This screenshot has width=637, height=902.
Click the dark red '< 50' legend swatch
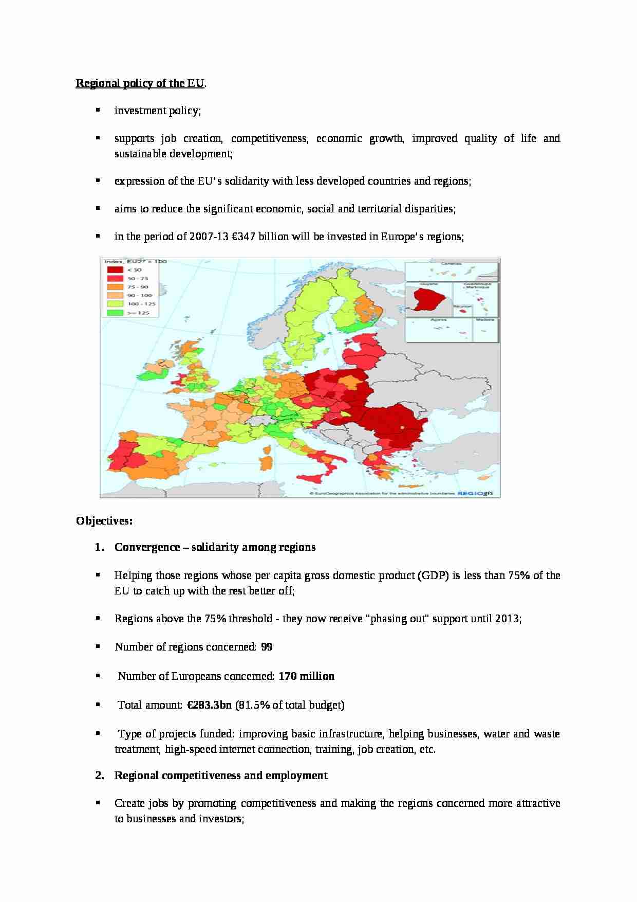(115, 269)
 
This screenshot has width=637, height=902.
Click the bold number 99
(267, 647)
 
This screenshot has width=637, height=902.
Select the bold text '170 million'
(306, 676)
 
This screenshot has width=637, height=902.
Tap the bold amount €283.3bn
(208, 705)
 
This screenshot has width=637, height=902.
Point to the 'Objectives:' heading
(104, 521)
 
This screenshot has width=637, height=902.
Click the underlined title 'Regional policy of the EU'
(140, 83)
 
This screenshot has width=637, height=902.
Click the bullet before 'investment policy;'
(97, 110)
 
